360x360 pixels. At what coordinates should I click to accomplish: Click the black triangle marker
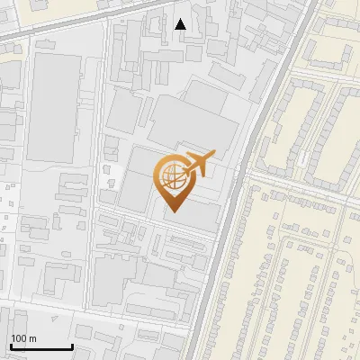click(x=181, y=24)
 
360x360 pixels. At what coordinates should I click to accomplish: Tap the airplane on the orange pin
click(x=197, y=164)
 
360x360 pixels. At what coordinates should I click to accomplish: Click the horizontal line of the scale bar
click(x=41, y=347)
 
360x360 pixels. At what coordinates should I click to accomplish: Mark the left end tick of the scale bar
click(x=11, y=346)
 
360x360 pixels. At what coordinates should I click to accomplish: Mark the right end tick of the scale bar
click(x=72, y=346)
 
